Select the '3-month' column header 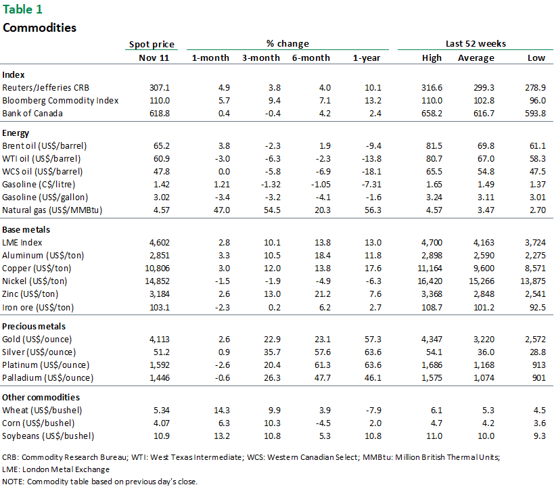click(260, 58)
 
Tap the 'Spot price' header click(152, 44)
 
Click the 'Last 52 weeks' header click(476, 44)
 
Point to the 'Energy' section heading click(17, 133)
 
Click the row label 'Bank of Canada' click(32, 113)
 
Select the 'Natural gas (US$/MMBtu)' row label click(51, 210)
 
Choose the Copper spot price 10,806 click(155, 268)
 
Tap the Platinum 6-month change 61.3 click(319, 365)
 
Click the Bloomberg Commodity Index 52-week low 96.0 click(536, 100)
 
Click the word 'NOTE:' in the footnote click(14, 482)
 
